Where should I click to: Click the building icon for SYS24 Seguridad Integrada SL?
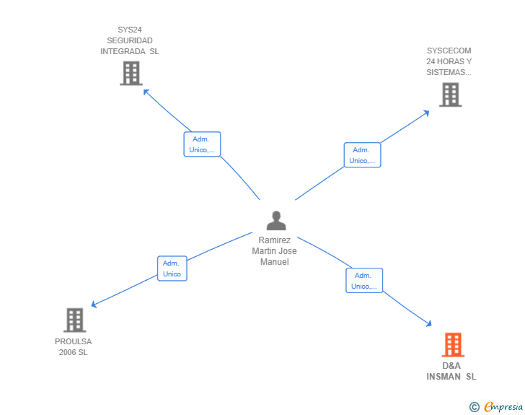pos(131,73)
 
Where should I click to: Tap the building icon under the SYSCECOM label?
pos(450,95)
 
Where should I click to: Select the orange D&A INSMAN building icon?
pos(453,344)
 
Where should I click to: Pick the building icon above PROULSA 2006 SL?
pos(75,320)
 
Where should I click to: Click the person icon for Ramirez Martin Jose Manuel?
pos(276,221)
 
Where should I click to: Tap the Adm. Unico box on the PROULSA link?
pos(172,268)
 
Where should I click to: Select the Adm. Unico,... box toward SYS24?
pos(202,144)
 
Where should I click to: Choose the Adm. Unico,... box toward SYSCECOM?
pos(362,155)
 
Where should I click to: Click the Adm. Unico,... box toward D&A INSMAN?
pos(364,280)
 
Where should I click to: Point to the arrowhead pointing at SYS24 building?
pos(146,92)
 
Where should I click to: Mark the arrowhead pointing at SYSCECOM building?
pos(426,113)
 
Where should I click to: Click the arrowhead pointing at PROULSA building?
pos(94,305)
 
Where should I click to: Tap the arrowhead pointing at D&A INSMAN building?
pos(428,323)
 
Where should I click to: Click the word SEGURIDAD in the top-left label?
pos(130,40)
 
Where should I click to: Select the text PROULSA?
pos(73,341)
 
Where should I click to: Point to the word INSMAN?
pos(444,377)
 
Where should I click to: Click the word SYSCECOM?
pos(449,51)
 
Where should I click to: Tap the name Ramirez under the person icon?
pos(274,240)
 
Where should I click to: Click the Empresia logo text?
pos(503,406)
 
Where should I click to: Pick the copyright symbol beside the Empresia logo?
pos(474,407)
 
